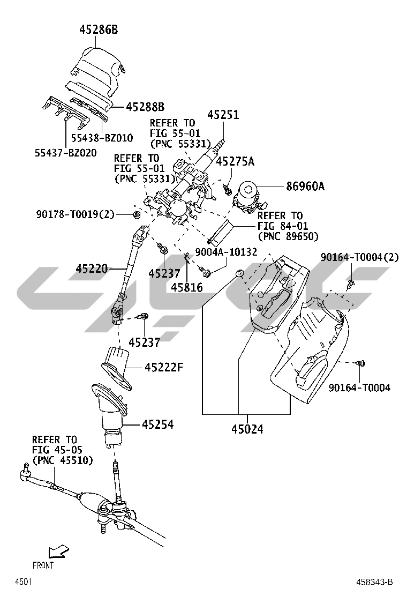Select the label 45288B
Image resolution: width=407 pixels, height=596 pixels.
pos(145,107)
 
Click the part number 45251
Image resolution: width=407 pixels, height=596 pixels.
pos(223,115)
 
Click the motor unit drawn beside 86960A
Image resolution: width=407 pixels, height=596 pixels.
pos(248,196)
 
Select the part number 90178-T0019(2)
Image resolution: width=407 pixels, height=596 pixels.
pos(76,214)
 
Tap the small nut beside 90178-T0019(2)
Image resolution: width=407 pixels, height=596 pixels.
pos(136,215)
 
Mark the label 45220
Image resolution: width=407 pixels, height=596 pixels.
pos(92,267)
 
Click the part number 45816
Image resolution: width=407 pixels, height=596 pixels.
pos(187,287)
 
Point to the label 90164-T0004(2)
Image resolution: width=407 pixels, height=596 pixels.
pos(360,258)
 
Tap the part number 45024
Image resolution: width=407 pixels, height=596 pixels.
pos(247,429)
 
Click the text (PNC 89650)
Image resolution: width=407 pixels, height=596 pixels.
pos(288,236)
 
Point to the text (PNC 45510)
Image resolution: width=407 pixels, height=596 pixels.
pos(62,460)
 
